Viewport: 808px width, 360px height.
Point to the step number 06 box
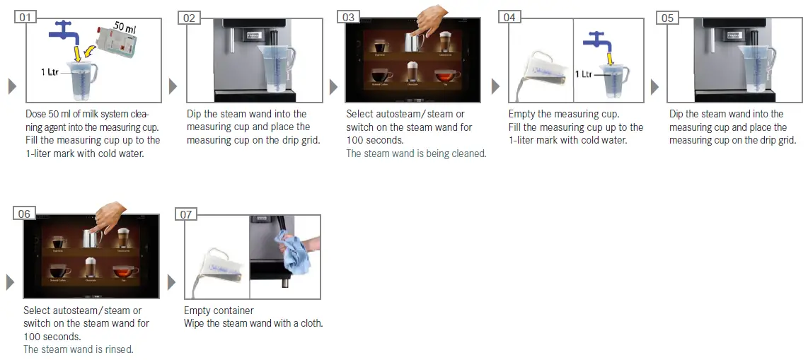(x=25, y=214)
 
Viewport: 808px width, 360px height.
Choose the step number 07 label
(x=187, y=214)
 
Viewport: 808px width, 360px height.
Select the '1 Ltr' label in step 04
(x=584, y=74)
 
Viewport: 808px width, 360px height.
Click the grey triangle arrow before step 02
(x=173, y=86)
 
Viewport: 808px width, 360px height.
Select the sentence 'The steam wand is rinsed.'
(x=78, y=349)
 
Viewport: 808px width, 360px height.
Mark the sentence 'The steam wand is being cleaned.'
(x=416, y=153)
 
